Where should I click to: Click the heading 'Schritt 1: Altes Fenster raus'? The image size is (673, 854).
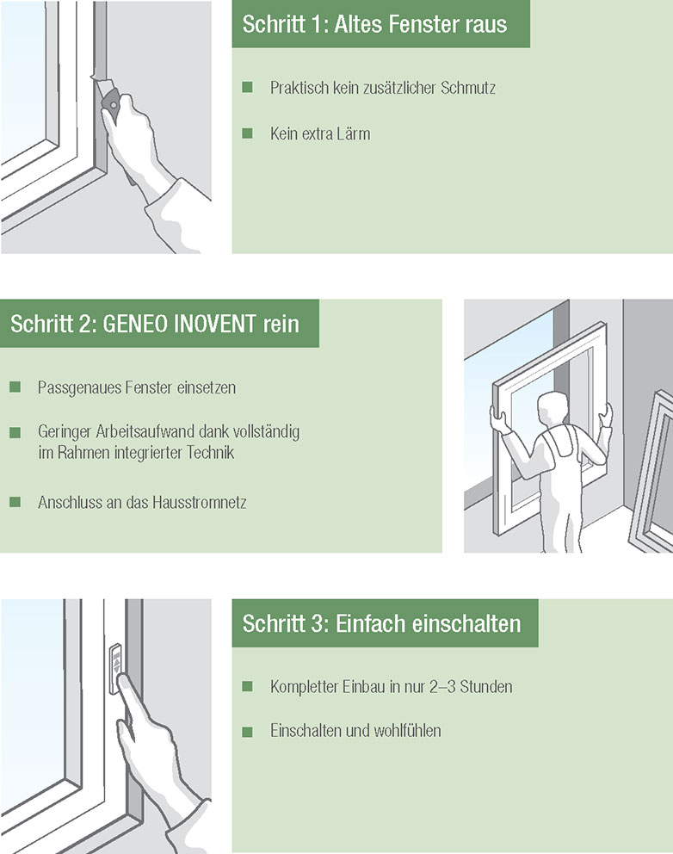[374, 24]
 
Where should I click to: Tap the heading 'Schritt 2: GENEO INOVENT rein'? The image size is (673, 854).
[155, 324]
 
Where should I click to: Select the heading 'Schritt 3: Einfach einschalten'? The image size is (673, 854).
[381, 623]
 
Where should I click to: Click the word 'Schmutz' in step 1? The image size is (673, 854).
[468, 88]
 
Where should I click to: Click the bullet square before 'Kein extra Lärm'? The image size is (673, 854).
[247, 133]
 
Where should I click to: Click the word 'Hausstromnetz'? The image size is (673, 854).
[200, 502]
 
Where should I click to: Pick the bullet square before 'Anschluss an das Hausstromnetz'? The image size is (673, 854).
[15, 502]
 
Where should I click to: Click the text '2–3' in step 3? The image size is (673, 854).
[442, 687]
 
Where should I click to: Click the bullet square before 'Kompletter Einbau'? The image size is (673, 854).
[247, 686]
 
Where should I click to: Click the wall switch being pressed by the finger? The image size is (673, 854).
[115, 669]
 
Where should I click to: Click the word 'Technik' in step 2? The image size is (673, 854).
[210, 453]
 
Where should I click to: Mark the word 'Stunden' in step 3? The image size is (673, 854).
[486, 687]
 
